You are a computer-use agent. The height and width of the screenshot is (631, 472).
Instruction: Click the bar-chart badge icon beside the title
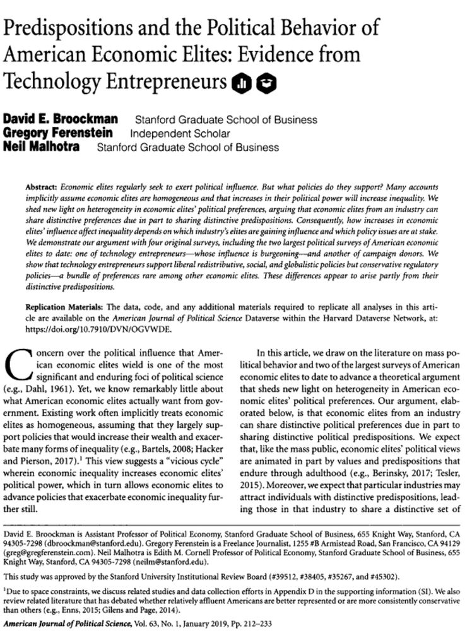coord(242,82)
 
